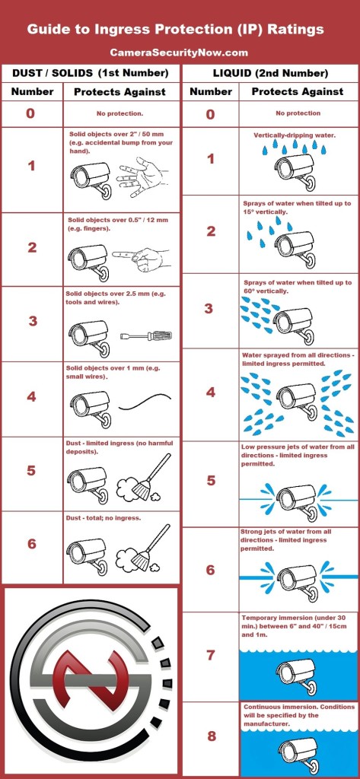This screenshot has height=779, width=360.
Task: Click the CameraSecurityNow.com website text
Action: [179, 52]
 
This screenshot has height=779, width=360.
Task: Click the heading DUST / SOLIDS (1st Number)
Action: [91, 74]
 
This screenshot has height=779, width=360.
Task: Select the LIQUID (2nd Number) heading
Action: [270, 74]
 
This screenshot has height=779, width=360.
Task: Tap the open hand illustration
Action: [142, 176]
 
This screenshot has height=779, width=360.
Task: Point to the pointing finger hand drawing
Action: [142, 257]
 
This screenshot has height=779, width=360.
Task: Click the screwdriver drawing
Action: [146, 336]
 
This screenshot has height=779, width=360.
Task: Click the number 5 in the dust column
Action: [31, 470]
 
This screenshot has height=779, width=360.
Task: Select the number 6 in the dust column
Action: [32, 544]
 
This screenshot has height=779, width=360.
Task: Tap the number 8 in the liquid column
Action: [212, 736]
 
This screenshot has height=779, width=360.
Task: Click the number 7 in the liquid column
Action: [211, 655]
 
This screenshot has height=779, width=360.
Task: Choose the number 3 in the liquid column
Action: [209, 309]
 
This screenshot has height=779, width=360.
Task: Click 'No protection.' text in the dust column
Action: [119, 113]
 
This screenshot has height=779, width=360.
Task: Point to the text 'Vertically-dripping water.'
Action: [295, 135]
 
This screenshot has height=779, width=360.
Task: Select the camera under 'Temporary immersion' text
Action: [296, 676]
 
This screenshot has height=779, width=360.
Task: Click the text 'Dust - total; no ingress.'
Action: [104, 517]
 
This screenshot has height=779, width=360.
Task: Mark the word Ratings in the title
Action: [296, 30]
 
